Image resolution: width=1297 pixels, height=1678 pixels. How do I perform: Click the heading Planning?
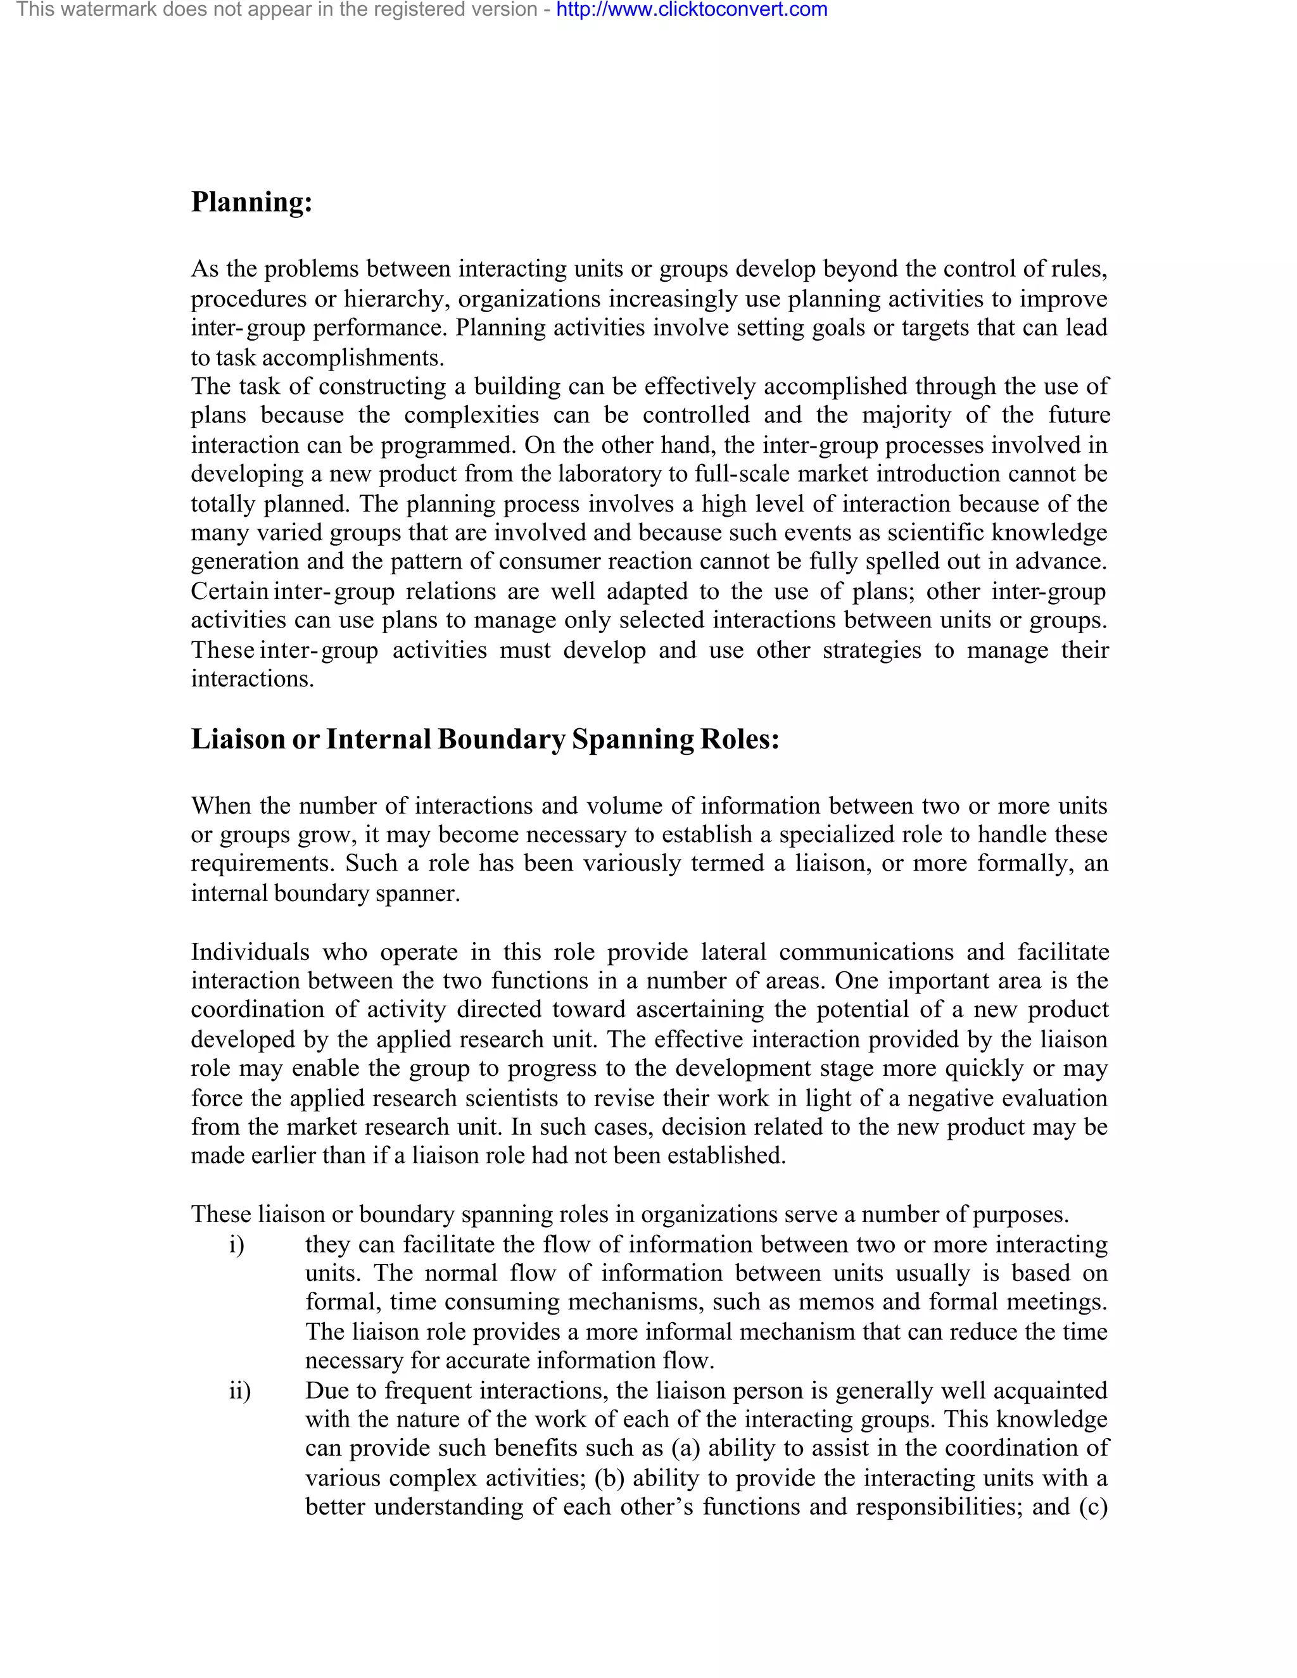(x=251, y=202)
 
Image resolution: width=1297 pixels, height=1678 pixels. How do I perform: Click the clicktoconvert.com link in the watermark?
(x=691, y=10)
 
